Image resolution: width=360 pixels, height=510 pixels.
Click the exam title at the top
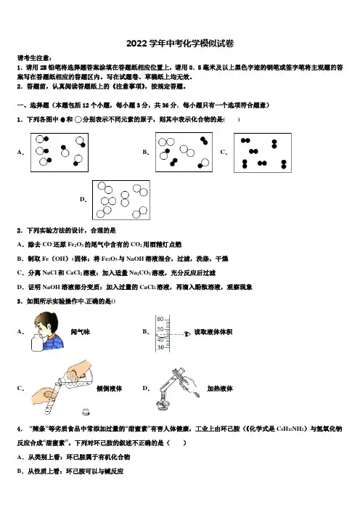click(x=180, y=44)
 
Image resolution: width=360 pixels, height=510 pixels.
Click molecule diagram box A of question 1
click(x=60, y=153)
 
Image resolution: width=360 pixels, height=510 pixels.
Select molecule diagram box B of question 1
click(x=184, y=152)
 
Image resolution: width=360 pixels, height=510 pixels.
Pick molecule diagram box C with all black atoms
click(x=263, y=153)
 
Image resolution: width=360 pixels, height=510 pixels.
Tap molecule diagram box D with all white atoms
click(x=121, y=200)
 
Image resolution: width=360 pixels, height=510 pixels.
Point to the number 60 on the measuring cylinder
click(x=160, y=319)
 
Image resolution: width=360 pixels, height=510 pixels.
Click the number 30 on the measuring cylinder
click(x=160, y=347)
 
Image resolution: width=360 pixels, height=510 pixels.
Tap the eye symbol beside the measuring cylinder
click(x=187, y=334)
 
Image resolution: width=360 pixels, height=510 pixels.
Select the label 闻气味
click(x=81, y=332)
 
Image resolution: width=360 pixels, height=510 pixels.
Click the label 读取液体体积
click(x=213, y=332)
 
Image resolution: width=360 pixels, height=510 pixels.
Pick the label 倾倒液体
click(x=109, y=389)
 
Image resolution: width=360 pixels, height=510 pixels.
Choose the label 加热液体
click(x=220, y=389)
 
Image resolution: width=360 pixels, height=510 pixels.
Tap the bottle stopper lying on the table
click(x=86, y=412)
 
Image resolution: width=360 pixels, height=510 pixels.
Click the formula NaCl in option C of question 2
click(x=49, y=273)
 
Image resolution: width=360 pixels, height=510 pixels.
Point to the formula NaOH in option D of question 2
click(x=50, y=287)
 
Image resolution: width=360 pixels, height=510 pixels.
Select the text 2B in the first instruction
click(x=44, y=68)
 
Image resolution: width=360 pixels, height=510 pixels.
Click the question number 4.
click(x=19, y=429)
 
